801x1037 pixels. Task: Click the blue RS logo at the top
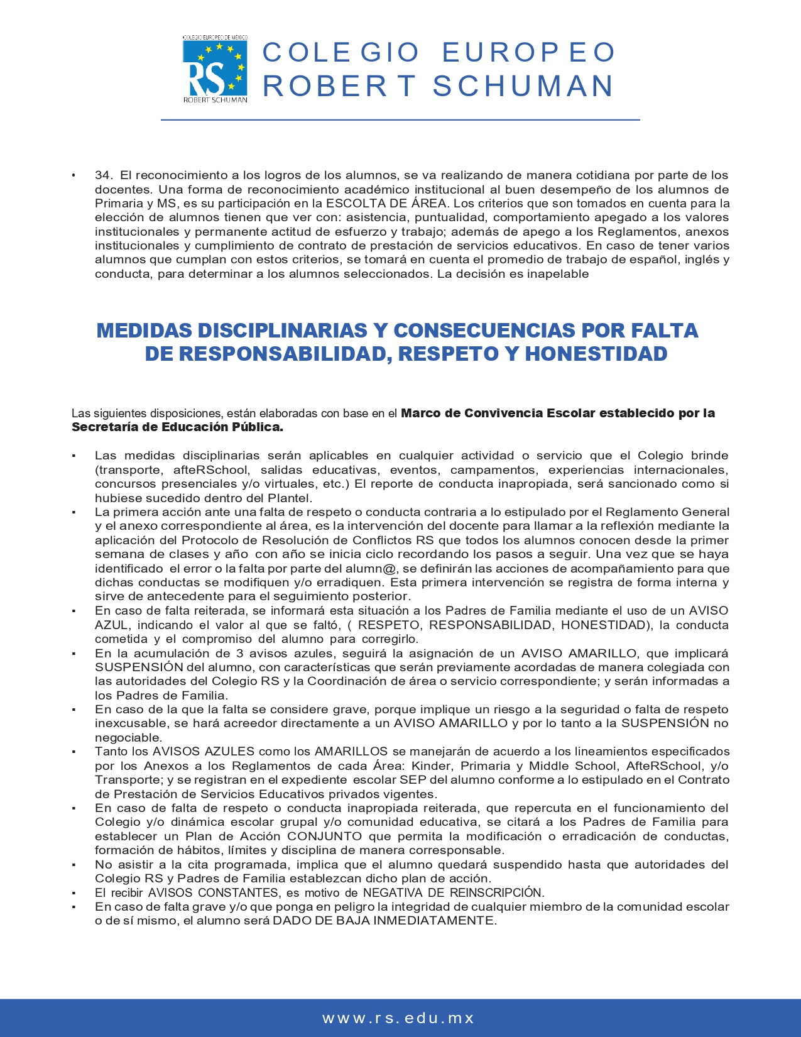click(x=214, y=69)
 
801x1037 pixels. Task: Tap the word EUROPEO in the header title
click(x=528, y=53)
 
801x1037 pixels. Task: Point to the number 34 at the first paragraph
click(x=103, y=175)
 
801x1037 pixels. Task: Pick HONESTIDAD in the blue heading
click(x=596, y=354)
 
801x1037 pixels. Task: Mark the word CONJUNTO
click(x=324, y=837)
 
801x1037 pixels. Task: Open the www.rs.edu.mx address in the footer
click(x=398, y=1018)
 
